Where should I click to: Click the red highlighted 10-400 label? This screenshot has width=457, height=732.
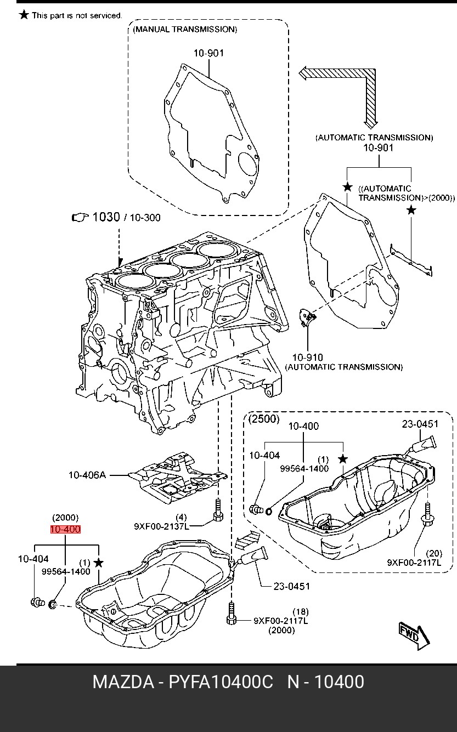point(65,529)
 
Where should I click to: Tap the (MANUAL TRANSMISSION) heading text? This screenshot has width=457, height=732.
point(185,29)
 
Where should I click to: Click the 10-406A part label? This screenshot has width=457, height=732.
point(87,475)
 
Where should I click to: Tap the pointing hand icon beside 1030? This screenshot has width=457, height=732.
point(80,218)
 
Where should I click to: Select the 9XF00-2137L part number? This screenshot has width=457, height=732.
point(161,526)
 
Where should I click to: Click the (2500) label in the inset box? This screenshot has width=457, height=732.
point(264,419)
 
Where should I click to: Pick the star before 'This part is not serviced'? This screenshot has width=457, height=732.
point(24,15)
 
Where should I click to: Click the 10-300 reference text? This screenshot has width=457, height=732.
point(145,218)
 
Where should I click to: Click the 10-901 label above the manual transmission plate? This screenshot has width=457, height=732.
point(208,53)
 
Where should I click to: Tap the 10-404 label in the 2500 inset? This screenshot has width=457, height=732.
point(264,455)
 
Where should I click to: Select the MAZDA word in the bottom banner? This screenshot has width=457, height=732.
point(123,682)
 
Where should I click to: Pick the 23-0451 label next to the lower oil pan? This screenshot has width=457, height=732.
point(291,586)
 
